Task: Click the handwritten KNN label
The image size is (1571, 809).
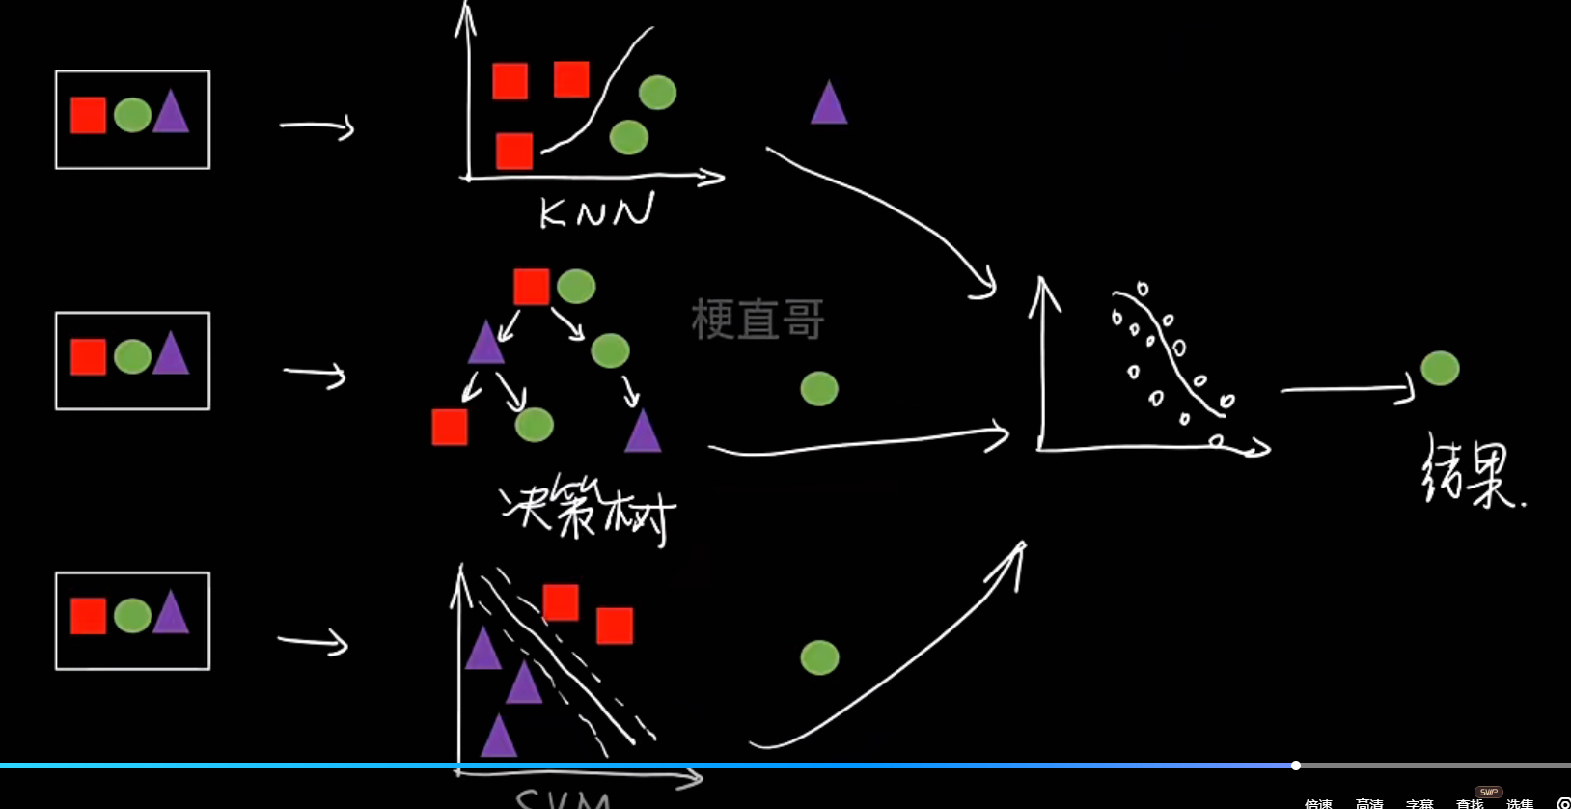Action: click(x=596, y=210)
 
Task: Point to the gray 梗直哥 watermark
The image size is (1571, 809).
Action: click(x=758, y=320)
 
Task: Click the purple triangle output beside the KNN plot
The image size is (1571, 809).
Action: click(x=828, y=104)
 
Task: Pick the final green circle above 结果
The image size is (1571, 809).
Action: click(x=1440, y=368)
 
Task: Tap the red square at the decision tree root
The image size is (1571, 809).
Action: click(x=532, y=287)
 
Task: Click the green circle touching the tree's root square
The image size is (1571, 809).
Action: click(x=576, y=287)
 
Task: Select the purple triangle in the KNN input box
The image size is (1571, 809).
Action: click(x=171, y=113)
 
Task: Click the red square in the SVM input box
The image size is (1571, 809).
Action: click(x=88, y=616)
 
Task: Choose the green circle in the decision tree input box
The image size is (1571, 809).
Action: click(x=132, y=357)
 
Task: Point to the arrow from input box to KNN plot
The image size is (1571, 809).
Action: click(x=317, y=126)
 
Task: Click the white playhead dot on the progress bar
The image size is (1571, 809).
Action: click(x=1296, y=766)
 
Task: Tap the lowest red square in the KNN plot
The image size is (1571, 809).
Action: click(x=514, y=151)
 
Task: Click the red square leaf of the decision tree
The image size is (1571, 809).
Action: click(x=450, y=427)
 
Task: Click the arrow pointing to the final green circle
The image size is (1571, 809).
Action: click(x=1347, y=390)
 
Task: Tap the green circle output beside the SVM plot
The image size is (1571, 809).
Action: click(x=819, y=657)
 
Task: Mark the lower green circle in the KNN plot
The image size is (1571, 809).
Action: click(x=628, y=137)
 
